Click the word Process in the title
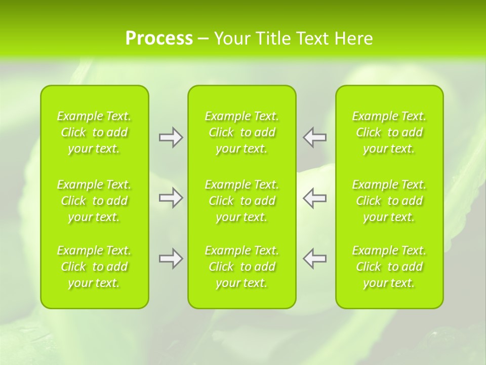pos(159,39)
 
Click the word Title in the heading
pos(273,39)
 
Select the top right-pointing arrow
pos(171,137)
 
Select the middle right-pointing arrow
pos(171,198)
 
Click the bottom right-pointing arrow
pos(171,259)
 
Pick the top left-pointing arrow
pos(314,137)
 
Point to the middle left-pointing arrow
pos(314,198)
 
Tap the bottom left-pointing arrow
pos(314,259)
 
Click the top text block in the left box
pos(94,132)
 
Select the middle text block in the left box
pos(94,201)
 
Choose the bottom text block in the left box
pos(94,267)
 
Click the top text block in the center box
pos(242,132)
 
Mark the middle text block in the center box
pos(242,201)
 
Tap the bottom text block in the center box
pos(242,267)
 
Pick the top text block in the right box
pos(389,132)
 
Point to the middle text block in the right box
pos(389,201)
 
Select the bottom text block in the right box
pos(389,267)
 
